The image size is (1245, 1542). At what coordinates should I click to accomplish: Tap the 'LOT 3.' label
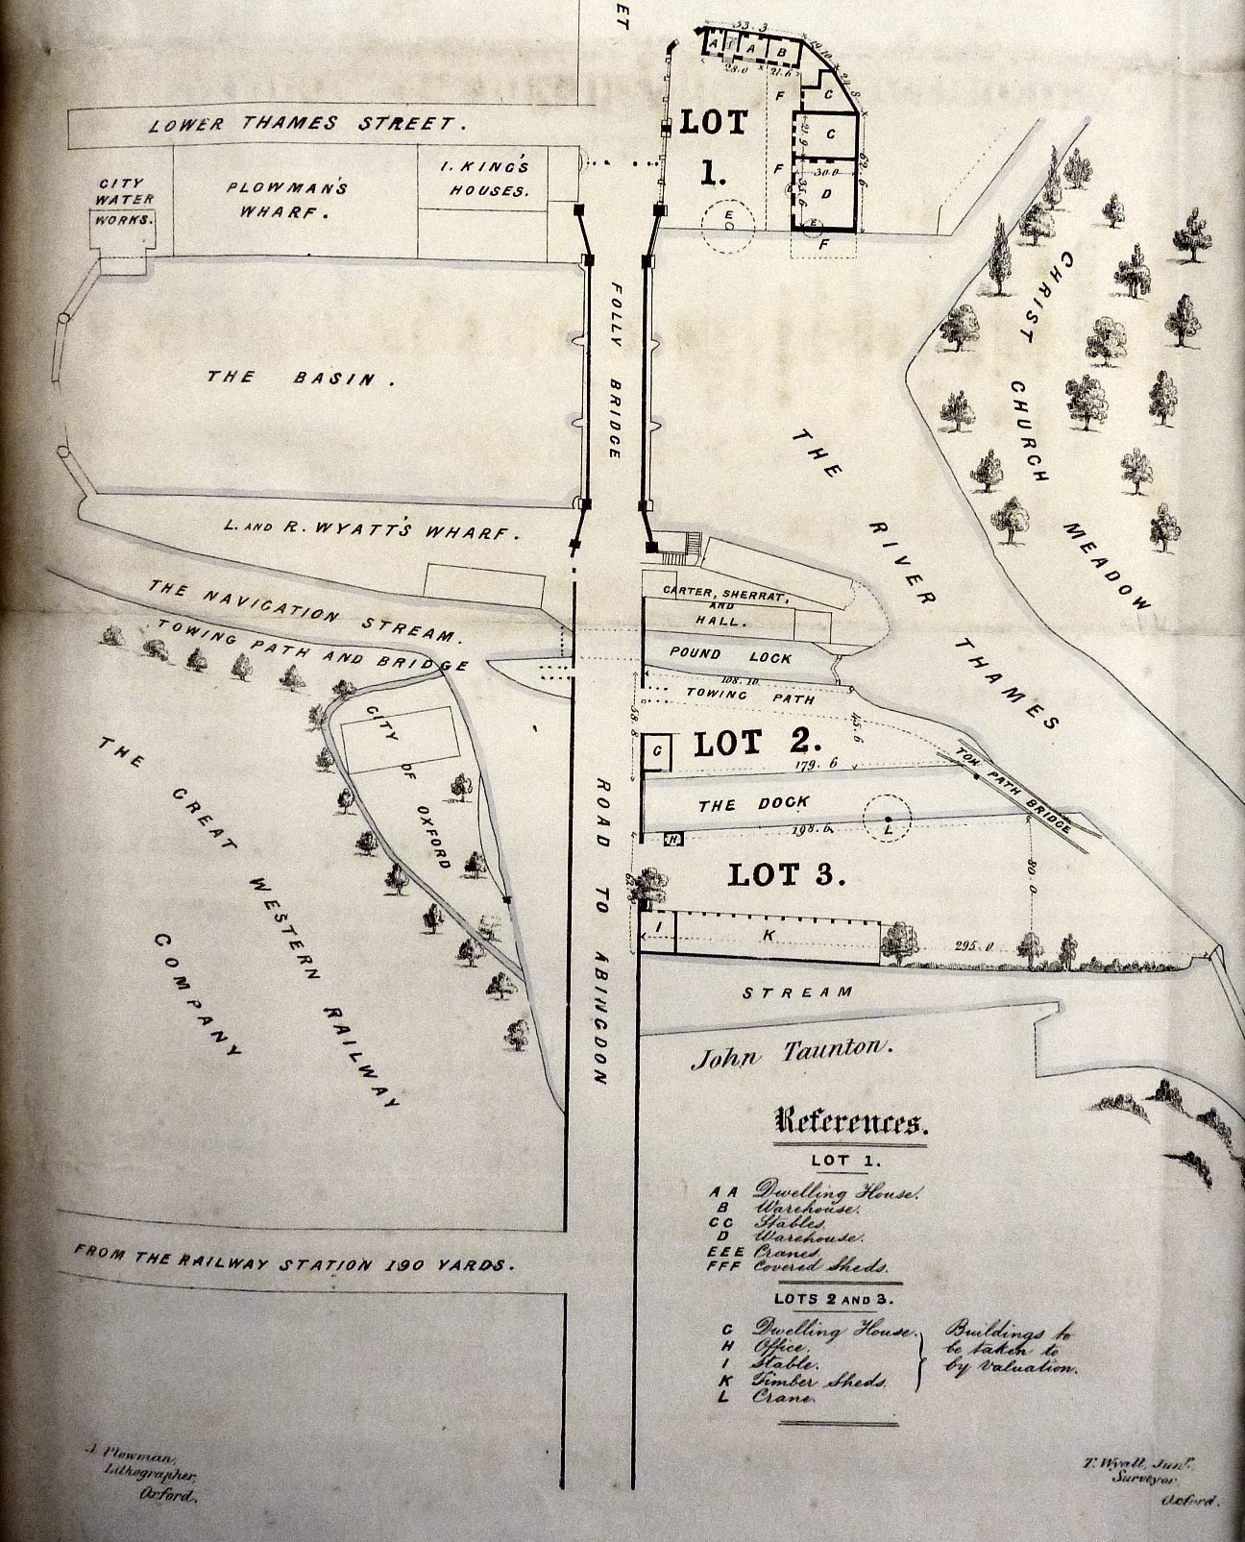coord(787,874)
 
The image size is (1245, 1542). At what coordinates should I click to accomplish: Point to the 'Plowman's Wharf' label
coord(285,197)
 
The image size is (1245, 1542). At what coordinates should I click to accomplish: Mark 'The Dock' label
coord(754,803)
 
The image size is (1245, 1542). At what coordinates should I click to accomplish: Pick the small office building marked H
coord(673,840)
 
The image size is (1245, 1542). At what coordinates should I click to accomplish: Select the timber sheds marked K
coord(776,935)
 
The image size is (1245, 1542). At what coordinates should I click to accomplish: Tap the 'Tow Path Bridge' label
coord(1017,791)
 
